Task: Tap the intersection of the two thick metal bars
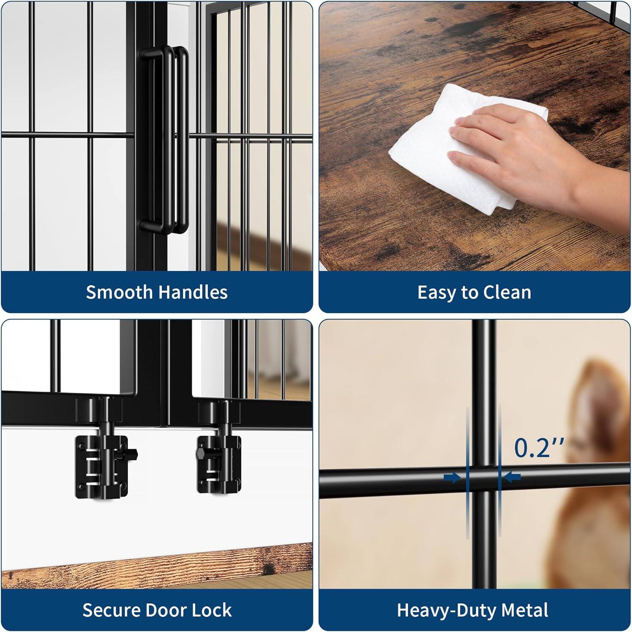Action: click(x=484, y=478)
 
